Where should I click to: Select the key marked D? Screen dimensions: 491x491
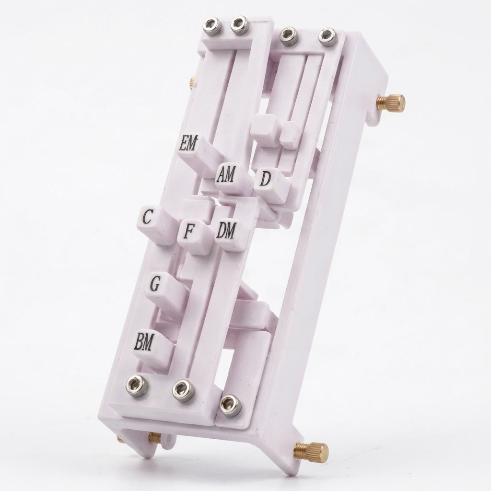coord(266,179)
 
